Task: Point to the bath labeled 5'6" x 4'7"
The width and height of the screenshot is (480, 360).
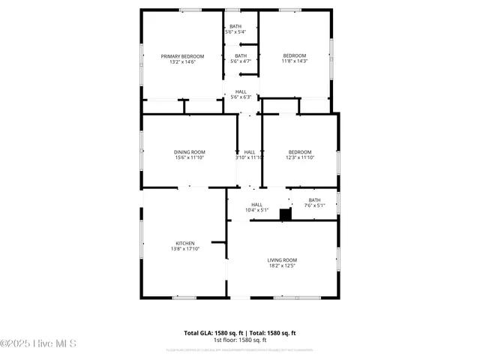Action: click(241, 58)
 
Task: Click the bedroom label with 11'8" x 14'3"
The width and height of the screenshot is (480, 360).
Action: click(294, 56)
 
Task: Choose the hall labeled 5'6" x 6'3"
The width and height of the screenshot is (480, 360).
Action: click(241, 94)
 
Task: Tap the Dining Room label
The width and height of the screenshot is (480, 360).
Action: click(189, 152)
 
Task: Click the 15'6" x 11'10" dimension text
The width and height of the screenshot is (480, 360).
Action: click(189, 158)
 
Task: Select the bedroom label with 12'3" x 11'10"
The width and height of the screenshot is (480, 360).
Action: click(299, 152)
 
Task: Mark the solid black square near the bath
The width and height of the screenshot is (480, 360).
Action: click(285, 214)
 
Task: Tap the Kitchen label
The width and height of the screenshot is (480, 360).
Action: click(185, 244)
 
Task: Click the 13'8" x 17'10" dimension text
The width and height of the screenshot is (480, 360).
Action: click(185, 250)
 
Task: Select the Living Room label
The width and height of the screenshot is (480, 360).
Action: click(282, 260)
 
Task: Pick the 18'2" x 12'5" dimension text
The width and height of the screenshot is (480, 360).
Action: click(282, 266)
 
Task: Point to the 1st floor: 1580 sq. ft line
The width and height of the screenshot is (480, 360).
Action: click(240, 340)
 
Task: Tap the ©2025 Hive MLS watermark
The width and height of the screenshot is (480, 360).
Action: click(38, 344)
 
